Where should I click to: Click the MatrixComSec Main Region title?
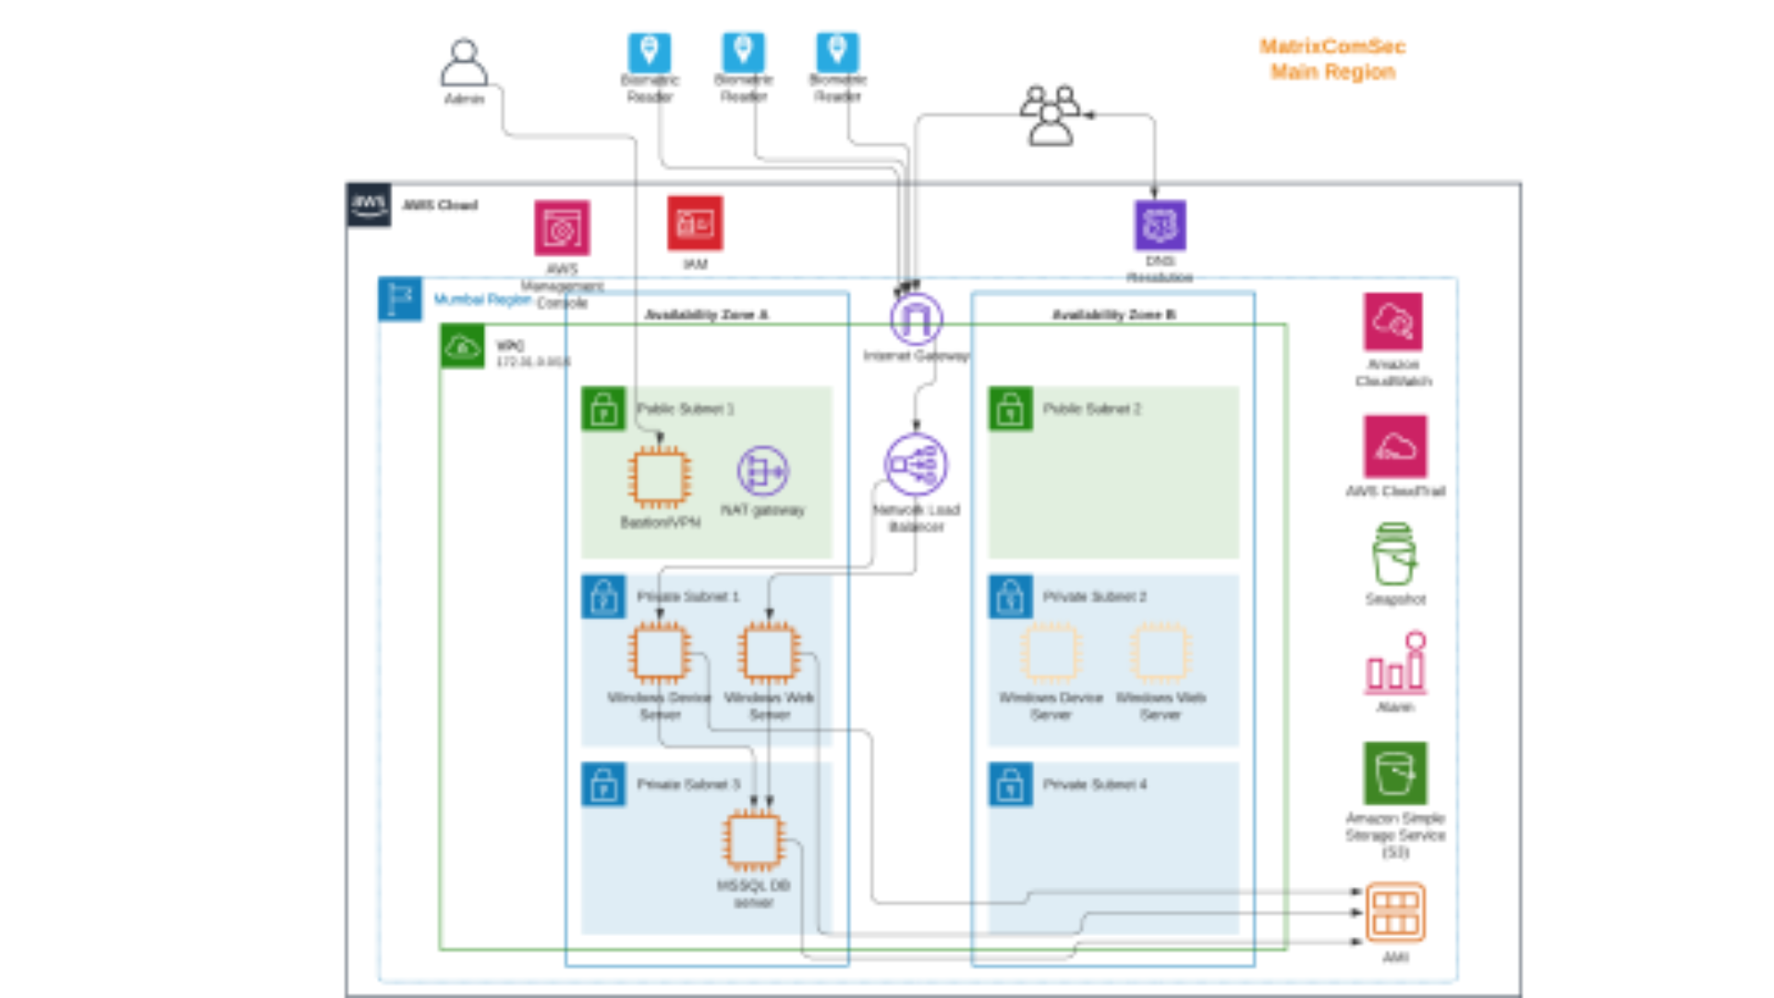coord(1331,59)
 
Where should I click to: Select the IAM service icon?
coord(695,223)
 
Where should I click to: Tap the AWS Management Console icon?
coord(562,228)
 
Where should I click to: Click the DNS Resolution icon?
coord(1160,225)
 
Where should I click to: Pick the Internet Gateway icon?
coord(916,320)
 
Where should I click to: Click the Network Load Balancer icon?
coord(916,464)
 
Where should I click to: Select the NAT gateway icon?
coord(762,471)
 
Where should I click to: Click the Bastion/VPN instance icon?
coord(659,477)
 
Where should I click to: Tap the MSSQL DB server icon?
coord(753,841)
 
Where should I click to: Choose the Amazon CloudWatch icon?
coord(1392,322)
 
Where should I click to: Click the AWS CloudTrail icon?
coord(1394,447)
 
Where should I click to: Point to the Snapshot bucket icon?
coord(1393,554)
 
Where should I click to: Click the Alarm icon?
coord(1395,663)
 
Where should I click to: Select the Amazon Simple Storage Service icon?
coord(1394,773)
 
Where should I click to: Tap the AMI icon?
coord(1394,912)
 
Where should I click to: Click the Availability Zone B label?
coord(1113,315)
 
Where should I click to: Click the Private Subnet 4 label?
coord(1094,785)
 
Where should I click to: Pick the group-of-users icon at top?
coord(1051,116)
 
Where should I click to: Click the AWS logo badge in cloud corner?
coord(369,204)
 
